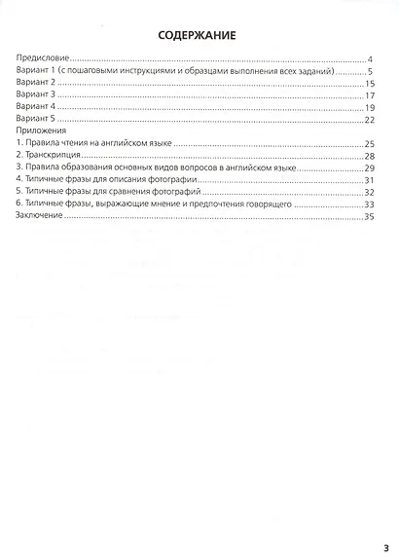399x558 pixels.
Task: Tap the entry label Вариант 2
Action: (39, 85)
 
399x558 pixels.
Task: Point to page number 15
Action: (369, 85)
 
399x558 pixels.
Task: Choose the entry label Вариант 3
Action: (39, 96)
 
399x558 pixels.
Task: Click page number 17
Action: (369, 96)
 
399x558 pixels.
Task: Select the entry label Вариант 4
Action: (39, 108)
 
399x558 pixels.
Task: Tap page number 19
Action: (369, 108)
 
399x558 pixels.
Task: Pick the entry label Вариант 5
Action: (39, 120)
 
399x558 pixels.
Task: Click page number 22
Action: (369, 120)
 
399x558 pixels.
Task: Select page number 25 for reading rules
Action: (369, 144)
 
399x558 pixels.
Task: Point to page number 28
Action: (369, 156)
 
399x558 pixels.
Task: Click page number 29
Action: (369, 167)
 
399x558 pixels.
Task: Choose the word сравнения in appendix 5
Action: (130, 192)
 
